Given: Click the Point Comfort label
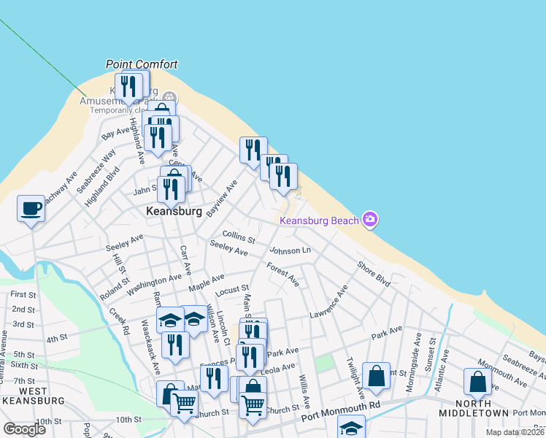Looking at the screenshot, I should [142, 64].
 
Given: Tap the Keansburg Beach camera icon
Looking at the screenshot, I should [370, 220].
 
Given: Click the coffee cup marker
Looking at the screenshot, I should [31, 209].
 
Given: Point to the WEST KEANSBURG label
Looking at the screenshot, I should [33, 396].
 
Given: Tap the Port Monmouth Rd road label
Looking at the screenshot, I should [342, 419].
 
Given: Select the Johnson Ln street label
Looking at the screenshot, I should [290, 251].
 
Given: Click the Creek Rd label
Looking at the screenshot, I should [120, 321].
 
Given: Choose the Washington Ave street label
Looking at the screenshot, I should [154, 284].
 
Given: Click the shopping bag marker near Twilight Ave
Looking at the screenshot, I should [376, 377].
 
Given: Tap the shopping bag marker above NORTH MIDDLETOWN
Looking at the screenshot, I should [477, 382].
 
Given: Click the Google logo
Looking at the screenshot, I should [24, 429].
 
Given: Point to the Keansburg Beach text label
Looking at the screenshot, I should [320, 220].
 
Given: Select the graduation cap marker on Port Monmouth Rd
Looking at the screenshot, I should [351, 428].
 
